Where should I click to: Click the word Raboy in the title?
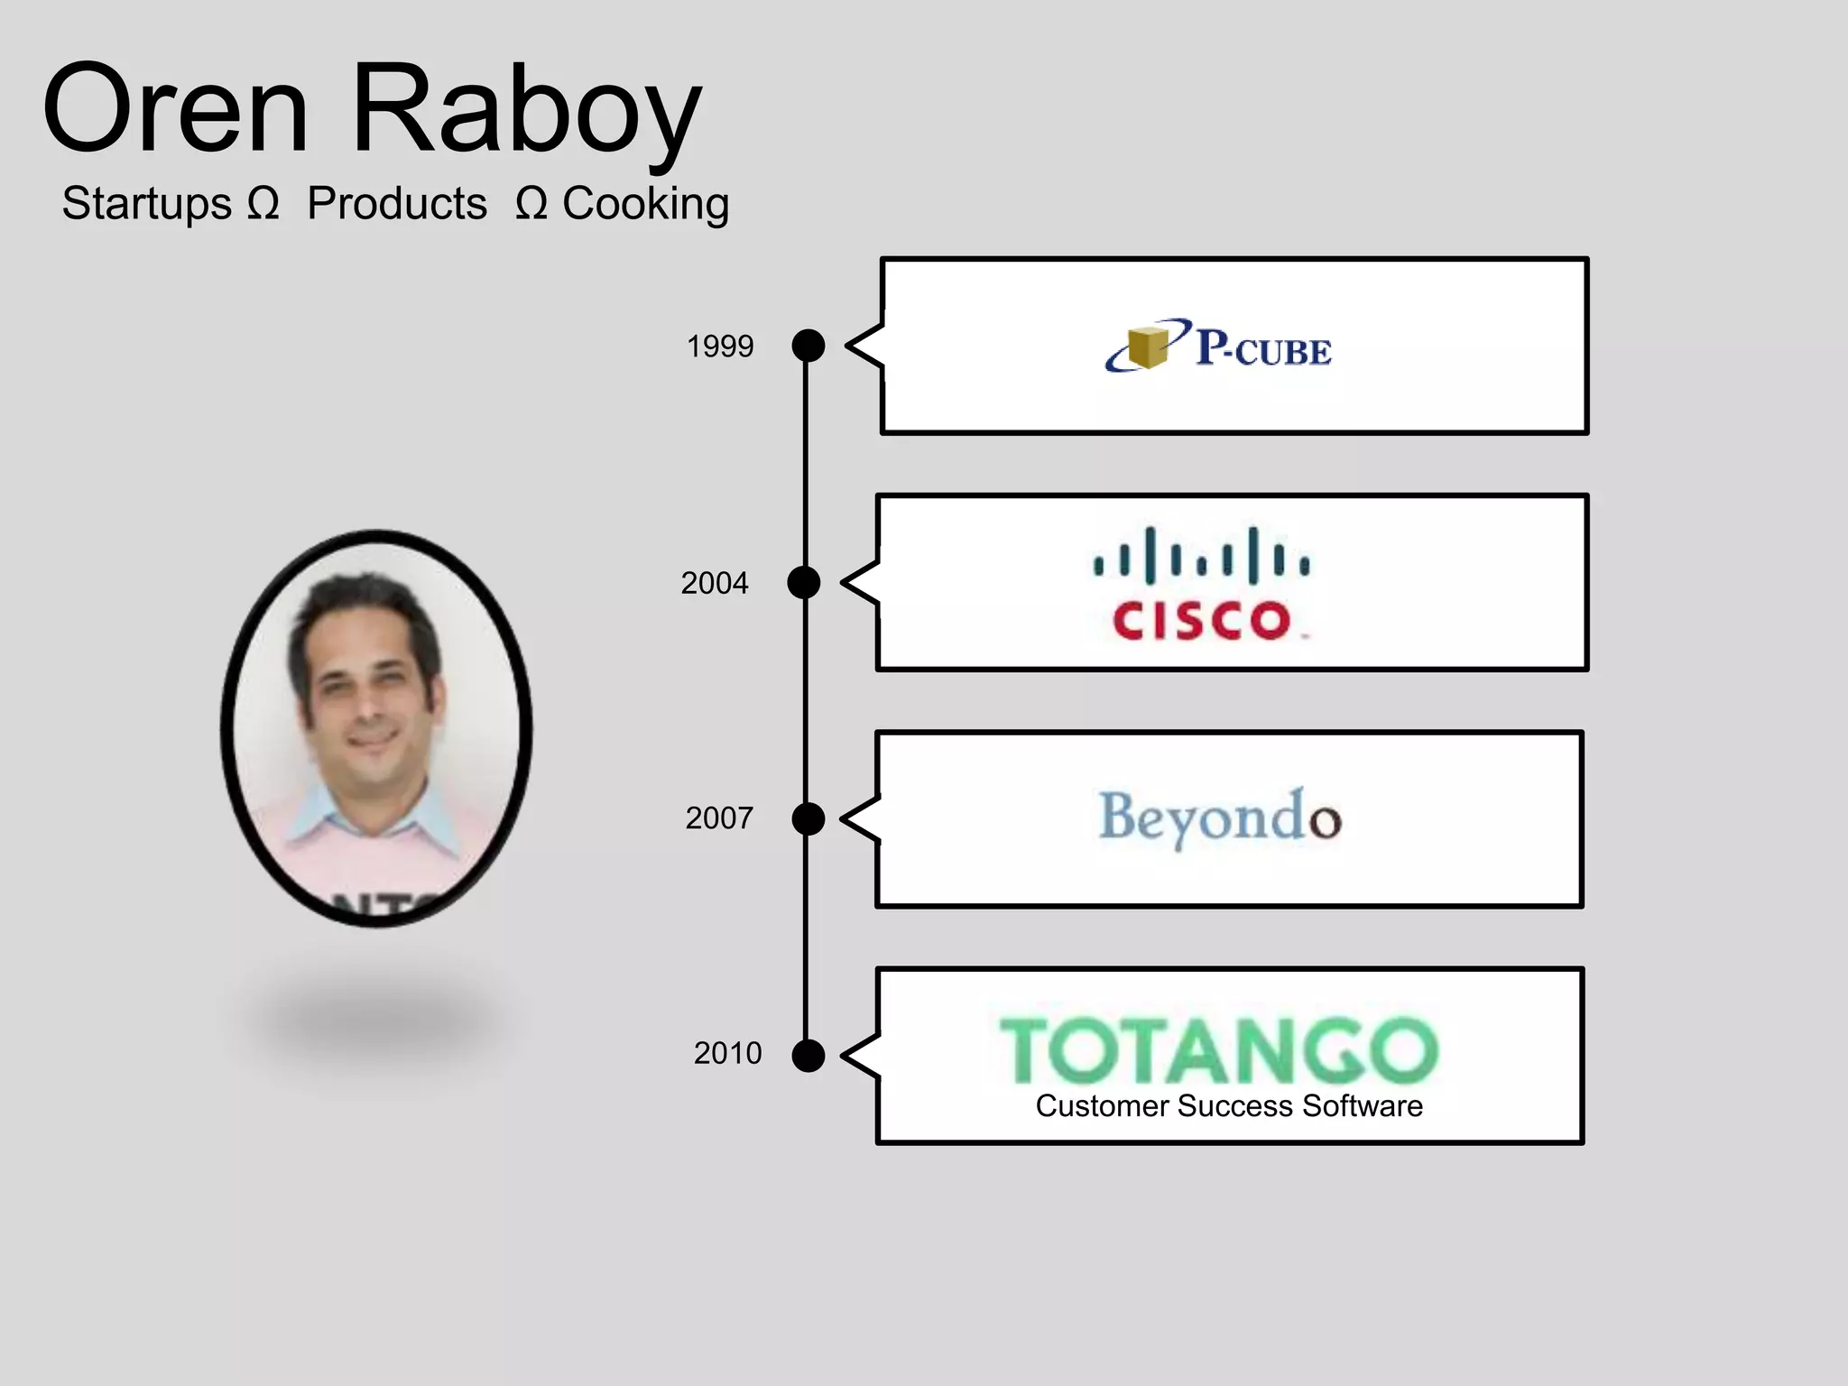tap(527, 112)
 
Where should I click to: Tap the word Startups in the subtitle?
tap(147, 203)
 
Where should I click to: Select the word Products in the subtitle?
tap(397, 203)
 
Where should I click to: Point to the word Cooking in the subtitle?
tap(645, 204)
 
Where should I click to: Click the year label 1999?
tap(719, 346)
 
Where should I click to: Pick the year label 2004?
tap(714, 584)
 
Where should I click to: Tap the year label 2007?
tap(718, 818)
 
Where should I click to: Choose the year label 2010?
tap(727, 1053)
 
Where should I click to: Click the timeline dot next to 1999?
tap(808, 346)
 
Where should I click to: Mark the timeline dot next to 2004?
tap(804, 583)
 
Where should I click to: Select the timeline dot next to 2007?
tap(808, 818)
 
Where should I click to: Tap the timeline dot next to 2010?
tap(808, 1055)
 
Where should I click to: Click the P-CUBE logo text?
tap(1263, 348)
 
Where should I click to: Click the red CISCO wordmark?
tap(1203, 621)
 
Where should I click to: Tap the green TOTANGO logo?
tap(1218, 1051)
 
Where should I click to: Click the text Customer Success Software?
tap(1229, 1106)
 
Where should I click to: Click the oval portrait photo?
tap(376, 727)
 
